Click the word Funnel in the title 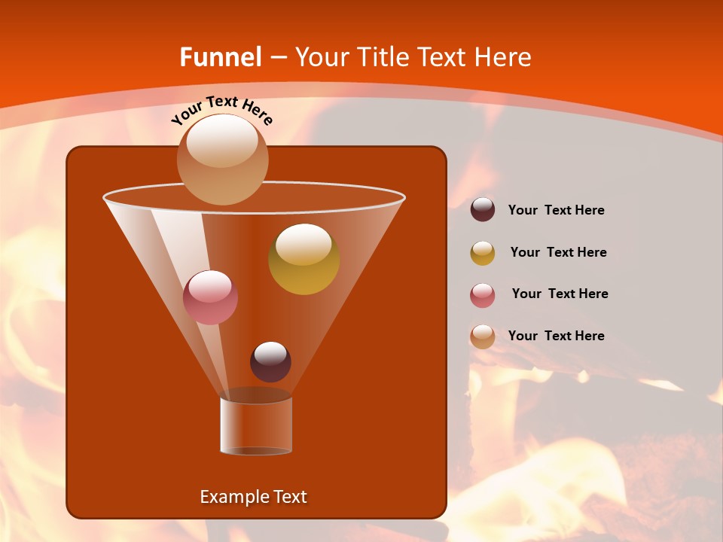(220, 57)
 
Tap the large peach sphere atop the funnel (222, 160)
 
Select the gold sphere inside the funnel (304, 260)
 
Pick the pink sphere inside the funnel (211, 297)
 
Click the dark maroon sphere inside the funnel (270, 362)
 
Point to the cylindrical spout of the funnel (256, 425)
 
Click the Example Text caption (253, 497)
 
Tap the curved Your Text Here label (222, 110)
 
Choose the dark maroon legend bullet (483, 210)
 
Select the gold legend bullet (483, 253)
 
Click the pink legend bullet (483, 295)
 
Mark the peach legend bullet (483, 336)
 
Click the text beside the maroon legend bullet (556, 211)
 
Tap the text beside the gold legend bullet (558, 253)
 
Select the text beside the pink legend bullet (560, 294)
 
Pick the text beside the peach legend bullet (556, 336)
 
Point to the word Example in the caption (230, 497)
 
